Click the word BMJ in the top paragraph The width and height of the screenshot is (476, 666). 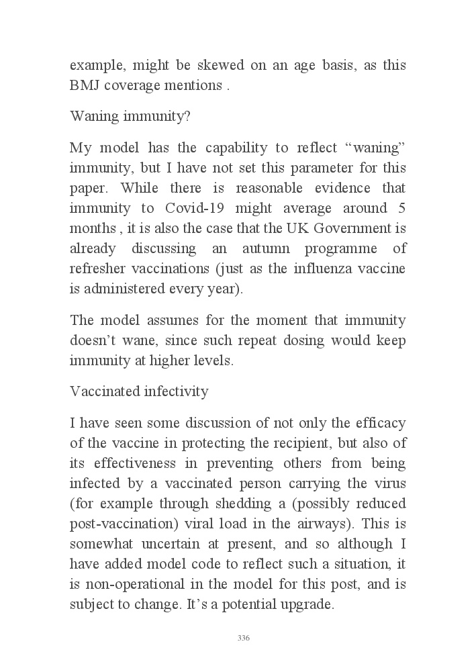pos(83,87)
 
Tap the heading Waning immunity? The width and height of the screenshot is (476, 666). pos(130,116)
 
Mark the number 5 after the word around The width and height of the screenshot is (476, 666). pos(401,207)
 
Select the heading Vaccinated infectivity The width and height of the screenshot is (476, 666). pos(139,391)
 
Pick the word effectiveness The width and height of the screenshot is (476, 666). pos(140,463)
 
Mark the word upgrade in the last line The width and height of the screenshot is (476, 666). pos(308,604)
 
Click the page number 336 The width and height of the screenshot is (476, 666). pos(244,638)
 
